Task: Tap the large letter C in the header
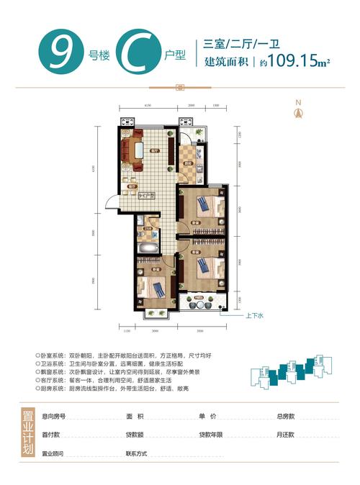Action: pos(130,54)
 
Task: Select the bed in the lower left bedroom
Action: pos(153,286)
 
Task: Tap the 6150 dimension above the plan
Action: pos(147,105)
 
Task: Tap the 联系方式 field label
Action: pos(137,454)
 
